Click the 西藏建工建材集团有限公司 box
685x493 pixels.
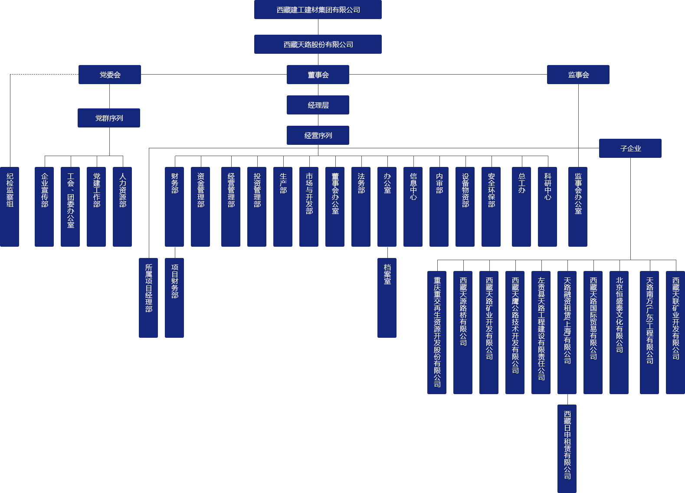click(x=318, y=10)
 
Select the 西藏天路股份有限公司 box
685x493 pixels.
click(x=318, y=44)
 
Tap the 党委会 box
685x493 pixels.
click(x=109, y=75)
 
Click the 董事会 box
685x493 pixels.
click(x=318, y=75)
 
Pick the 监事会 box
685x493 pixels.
click(x=578, y=75)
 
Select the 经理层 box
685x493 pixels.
click(x=318, y=105)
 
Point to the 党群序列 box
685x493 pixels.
click(x=108, y=118)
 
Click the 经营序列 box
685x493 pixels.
click(x=318, y=135)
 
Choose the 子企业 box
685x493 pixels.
click(x=630, y=148)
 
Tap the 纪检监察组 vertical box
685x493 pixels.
click(x=10, y=206)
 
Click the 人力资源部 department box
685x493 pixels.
click(x=122, y=206)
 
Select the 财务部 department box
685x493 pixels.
click(x=174, y=206)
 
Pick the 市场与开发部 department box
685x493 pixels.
click(x=309, y=206)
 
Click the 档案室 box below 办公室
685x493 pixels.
click(x=387, y=297)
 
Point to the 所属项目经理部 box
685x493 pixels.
click(x=148, y=297)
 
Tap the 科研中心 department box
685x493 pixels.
click(x=547, y=206)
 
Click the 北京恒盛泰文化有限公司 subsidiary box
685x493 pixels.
click(x=619, y=332)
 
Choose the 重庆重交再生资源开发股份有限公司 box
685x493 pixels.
click(x=437, y=332)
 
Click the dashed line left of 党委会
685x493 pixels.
click(x=43, y=75)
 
